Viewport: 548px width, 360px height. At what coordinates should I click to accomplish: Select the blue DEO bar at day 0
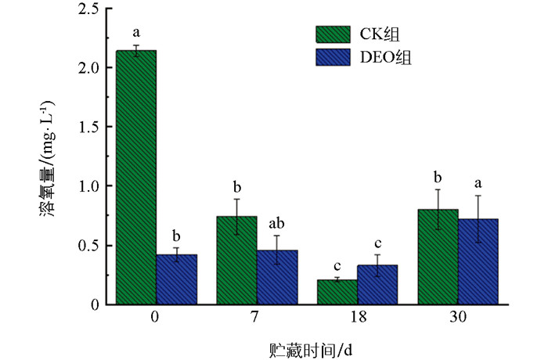point(176,279)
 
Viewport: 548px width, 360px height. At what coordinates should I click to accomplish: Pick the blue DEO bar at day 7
point(276,277)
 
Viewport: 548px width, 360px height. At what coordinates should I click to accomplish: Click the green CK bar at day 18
point(337,292)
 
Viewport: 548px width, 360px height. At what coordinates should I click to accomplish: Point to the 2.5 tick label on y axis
point(89,9)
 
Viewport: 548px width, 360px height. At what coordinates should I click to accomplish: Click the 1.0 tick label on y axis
point(89,186)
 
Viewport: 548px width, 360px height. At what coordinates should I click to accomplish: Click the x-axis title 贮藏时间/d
point(308,345)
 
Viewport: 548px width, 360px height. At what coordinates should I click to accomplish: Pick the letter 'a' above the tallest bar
point(136,33)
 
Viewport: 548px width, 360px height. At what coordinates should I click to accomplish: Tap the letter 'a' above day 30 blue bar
point(478,180)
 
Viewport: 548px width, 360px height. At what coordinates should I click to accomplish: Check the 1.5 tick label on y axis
point(89,128)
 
